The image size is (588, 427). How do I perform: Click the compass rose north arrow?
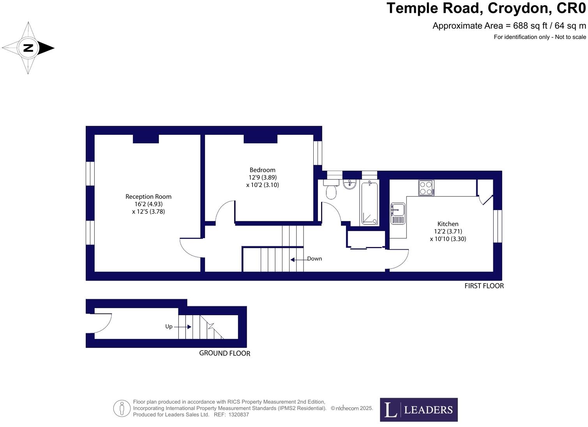pos(28,48)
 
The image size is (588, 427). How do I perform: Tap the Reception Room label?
pos(148,197)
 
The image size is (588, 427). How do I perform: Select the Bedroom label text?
pos(262,170)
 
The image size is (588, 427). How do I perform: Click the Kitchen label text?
pos(448,224)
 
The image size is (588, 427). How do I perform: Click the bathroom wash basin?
pos(350,184)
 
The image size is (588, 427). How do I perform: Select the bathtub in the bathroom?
pos(369,203)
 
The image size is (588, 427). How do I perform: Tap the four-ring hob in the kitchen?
pos(426,188)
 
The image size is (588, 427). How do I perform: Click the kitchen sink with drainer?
pos(398,214)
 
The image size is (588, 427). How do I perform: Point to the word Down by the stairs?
pos(314,259)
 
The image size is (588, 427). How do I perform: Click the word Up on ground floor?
pos(169,326)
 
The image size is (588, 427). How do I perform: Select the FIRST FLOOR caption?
pos(484,286)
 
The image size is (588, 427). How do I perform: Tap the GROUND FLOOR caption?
pos(224,353)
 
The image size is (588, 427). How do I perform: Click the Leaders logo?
pos(418,410)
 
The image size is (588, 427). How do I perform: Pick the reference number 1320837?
pos(238,415)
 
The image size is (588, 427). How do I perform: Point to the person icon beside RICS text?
pos(122,409)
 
